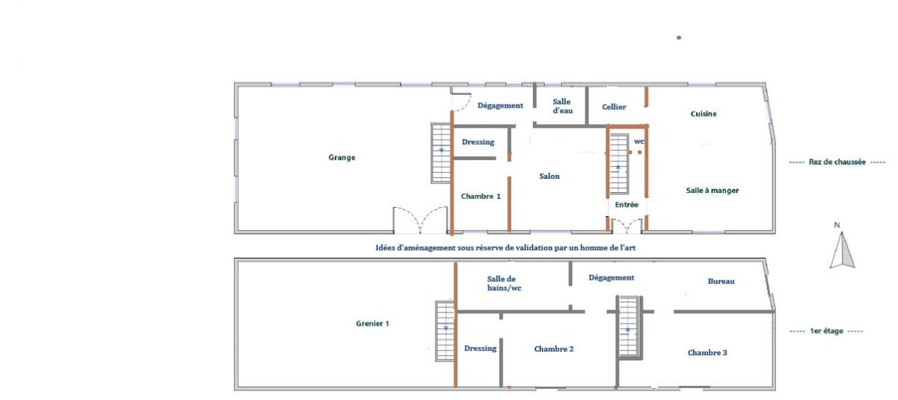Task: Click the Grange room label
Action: tap(341, 157)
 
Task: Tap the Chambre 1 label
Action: tap(480, 196)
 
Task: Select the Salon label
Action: tap(549, 176)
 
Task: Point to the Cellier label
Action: tap(614, 107)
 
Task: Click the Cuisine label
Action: tap(703, 114)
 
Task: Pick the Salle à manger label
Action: tap(712, 191)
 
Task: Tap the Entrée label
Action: tap(626, 205)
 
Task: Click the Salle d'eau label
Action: tap(563, 106)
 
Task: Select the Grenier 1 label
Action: tap(373, 324)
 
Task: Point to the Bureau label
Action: tap(721, 281)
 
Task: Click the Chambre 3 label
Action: tap(707, 353)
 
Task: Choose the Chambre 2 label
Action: tap(554, 349)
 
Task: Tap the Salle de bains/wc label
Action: tap(504, 283)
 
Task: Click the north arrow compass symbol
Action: tap(842, 250)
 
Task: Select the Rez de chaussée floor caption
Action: tap(837, 162)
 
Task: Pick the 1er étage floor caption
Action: tap(826, 331)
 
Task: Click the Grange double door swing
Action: tap(420, 220)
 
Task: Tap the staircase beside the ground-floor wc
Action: tap(619, 164)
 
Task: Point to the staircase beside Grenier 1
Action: tap(445, 331)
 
